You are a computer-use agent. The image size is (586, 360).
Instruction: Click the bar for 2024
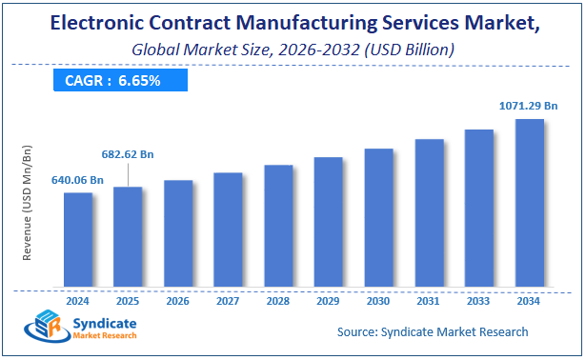(x=78, y=239)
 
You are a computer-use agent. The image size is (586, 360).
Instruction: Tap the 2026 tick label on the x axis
(x=178, y=300)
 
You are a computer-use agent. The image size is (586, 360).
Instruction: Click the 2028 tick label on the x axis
(x=278, y=300)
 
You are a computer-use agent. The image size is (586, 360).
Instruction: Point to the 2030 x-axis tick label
(x=378, y=300)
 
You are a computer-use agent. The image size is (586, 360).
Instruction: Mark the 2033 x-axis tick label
(x=478, y=300)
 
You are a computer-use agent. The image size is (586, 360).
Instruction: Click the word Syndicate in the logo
(x=106, y=324)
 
